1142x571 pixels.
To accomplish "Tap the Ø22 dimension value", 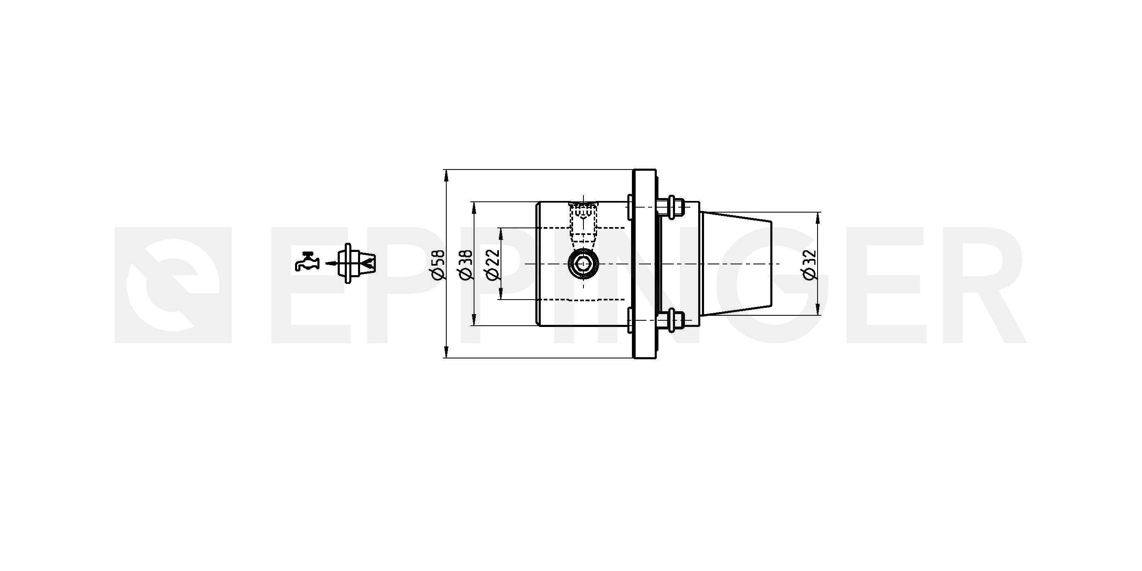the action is pyautogui.click(x=493, y=265).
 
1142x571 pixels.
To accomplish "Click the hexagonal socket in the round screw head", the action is pyautogui.click(x=583, y=264).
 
